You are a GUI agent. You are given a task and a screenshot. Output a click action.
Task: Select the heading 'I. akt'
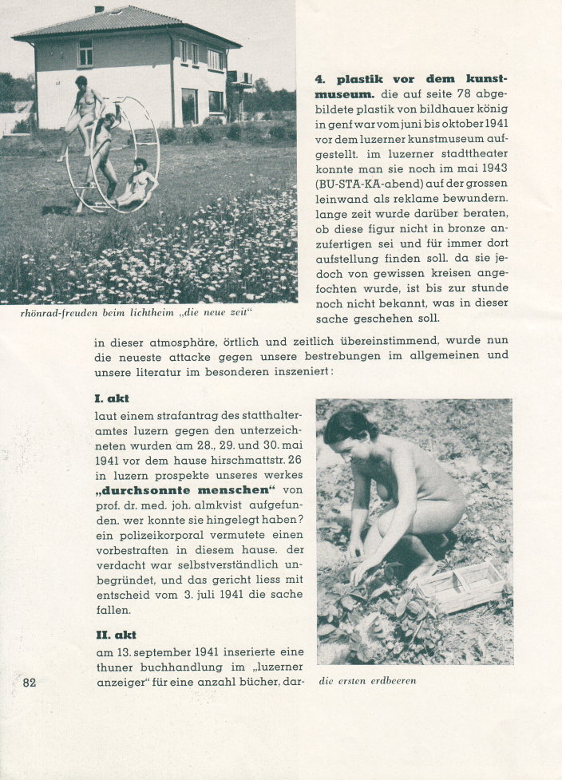[111, 398]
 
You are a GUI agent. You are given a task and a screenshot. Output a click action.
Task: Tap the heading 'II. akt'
[114, 635]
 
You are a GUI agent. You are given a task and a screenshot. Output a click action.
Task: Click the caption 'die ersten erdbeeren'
[367, 681]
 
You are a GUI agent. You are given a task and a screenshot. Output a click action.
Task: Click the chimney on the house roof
[99, 10]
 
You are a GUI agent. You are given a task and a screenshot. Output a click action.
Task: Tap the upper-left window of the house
[85, 53]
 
